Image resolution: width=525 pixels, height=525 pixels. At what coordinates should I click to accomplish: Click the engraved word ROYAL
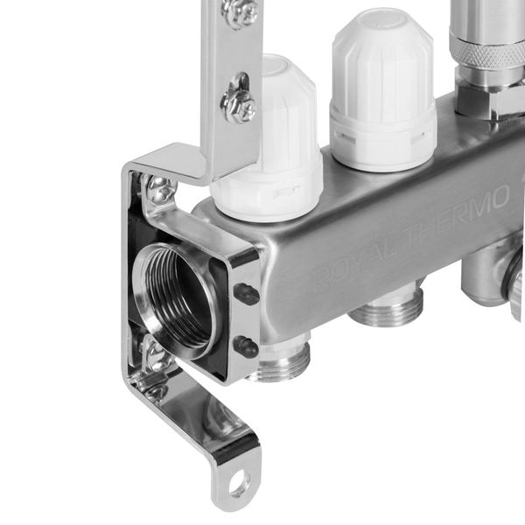tap(358, 262)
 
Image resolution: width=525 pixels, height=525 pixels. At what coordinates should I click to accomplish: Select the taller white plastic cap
tap(382, 90)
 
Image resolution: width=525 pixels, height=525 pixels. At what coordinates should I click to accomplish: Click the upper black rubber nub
tap(247, 293)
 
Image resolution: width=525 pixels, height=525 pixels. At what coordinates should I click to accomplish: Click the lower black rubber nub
tap(246, 346)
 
